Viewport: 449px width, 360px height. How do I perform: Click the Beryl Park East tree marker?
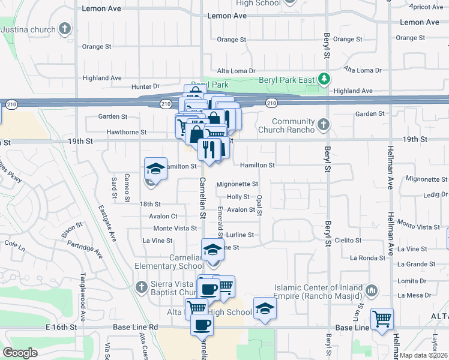point(324,79)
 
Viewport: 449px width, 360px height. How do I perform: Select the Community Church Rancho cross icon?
point(324,125)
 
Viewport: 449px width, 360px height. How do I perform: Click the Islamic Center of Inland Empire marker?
point(372,291)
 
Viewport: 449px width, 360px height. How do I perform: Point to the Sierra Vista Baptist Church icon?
point(141,286)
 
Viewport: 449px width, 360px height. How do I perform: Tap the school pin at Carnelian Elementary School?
point(212,250)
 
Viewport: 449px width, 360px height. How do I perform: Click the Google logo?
point(20,352)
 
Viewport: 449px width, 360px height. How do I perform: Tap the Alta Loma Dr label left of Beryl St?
point(236,71)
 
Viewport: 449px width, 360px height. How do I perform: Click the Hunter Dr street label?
point(146,86)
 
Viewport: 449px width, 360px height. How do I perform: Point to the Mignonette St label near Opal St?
point(237,184)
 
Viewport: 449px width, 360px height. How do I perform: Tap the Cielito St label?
point(348,240)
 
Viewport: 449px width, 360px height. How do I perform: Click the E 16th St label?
point(62,328)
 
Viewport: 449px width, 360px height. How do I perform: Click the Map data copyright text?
point(423,355)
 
